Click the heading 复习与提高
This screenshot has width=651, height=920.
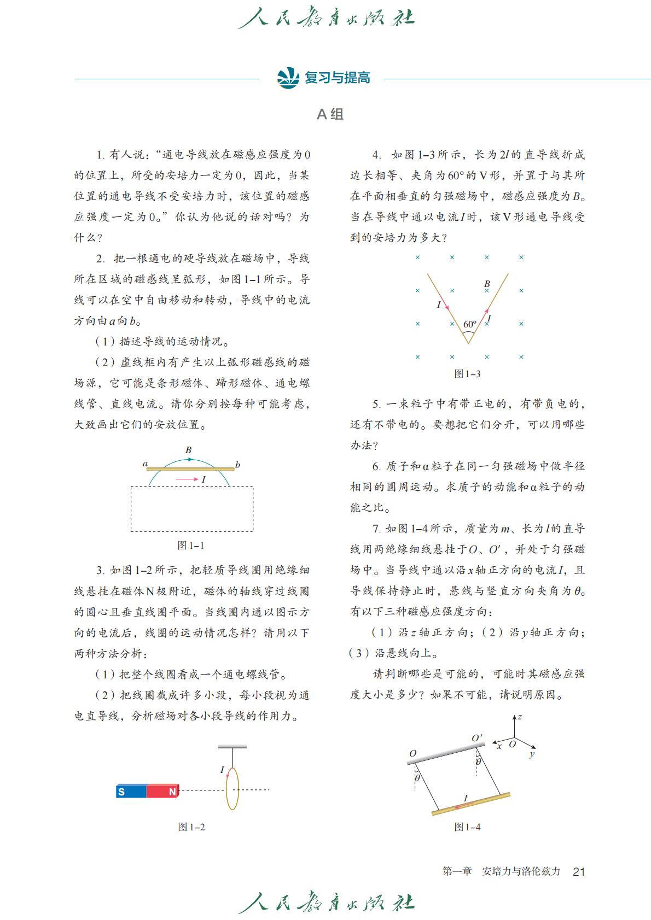coord(338,78)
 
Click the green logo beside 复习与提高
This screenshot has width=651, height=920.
coord(288,78)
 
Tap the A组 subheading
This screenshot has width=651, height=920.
coord(330,114)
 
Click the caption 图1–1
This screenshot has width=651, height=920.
coord(191,546)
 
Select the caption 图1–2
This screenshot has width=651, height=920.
coord(191,827)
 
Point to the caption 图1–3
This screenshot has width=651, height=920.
coord(467,374)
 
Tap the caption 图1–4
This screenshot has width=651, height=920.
coord(467,827)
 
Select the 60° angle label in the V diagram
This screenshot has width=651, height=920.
coord(470,324)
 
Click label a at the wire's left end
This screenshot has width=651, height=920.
coord(146,464)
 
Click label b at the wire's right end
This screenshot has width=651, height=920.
coord(237,465)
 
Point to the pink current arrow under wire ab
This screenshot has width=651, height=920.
coord(187,479)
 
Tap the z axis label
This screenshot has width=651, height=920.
coord(520,717)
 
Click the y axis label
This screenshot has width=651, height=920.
coord(532,754)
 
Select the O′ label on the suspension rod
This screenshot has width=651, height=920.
coord(477,738)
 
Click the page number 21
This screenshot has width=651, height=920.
coord(579,871)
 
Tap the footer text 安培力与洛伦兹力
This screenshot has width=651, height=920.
coord(521,871)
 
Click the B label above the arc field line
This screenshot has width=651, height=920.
coord(189,450)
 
